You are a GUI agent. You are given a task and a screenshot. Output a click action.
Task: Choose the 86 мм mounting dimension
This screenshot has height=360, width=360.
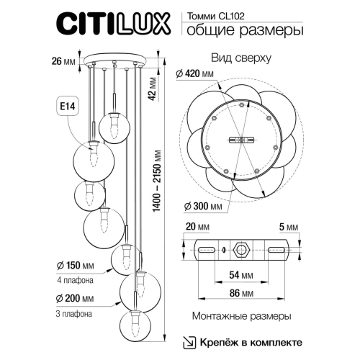241,294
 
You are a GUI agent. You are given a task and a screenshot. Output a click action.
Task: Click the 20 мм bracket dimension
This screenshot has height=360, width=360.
192,225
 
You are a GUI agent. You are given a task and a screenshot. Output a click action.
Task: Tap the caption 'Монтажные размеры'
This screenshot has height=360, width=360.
241,316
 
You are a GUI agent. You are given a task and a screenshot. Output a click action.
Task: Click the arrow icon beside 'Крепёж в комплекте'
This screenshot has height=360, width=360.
188,341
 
